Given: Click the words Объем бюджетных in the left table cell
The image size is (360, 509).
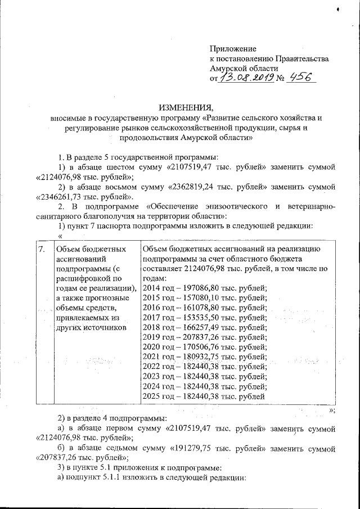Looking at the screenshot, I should click(91, 249).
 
